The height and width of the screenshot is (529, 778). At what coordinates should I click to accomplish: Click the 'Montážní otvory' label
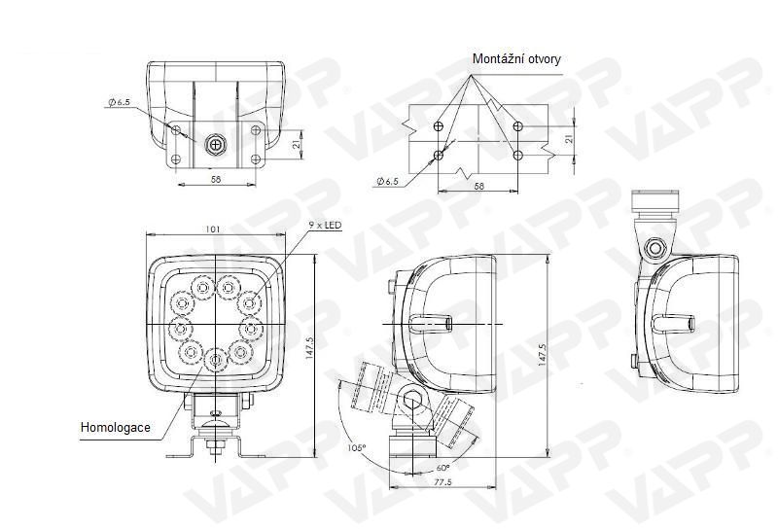tap(516, 59)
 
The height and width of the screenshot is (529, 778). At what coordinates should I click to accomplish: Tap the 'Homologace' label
tap(115, 427)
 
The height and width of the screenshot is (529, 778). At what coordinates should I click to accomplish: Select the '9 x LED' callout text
tap(326, 226)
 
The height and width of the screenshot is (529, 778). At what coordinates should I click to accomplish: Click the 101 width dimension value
tap(212, 229)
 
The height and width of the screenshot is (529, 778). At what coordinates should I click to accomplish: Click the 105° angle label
tap(357, 448)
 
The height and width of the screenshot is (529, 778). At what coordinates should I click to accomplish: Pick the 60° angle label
tap(442, 468)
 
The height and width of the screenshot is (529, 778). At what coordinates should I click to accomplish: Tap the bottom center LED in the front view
tap(215, 359)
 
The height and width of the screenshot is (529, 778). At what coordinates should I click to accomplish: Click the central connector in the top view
tap(215, 145)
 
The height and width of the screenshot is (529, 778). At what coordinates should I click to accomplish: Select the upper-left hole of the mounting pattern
tap(438, 125)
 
